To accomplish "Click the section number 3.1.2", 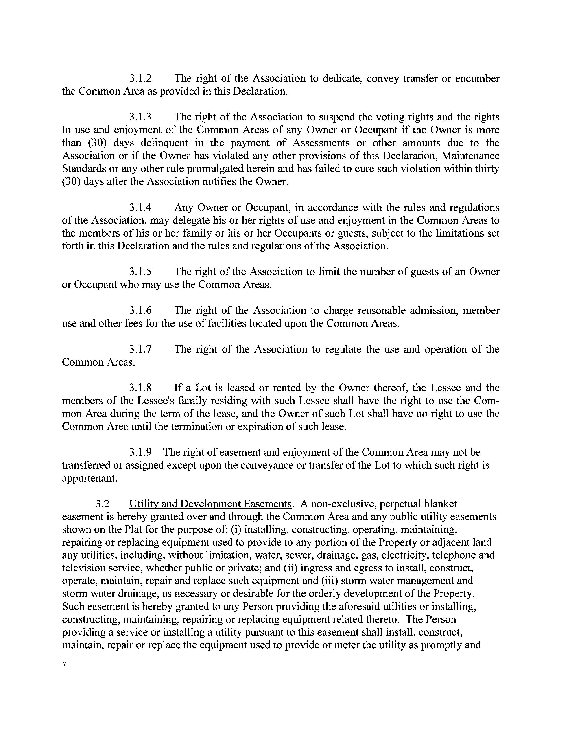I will [x=140, y=79].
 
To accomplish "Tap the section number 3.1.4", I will [x=140, y=207].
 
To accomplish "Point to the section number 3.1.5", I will [x=140, y=272].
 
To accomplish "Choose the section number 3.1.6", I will [x=140, y=311].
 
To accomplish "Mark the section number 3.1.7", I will [x=140, y=349].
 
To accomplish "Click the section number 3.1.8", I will [x=140, y=388].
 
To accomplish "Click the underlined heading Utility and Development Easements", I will [x=210, y=504].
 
